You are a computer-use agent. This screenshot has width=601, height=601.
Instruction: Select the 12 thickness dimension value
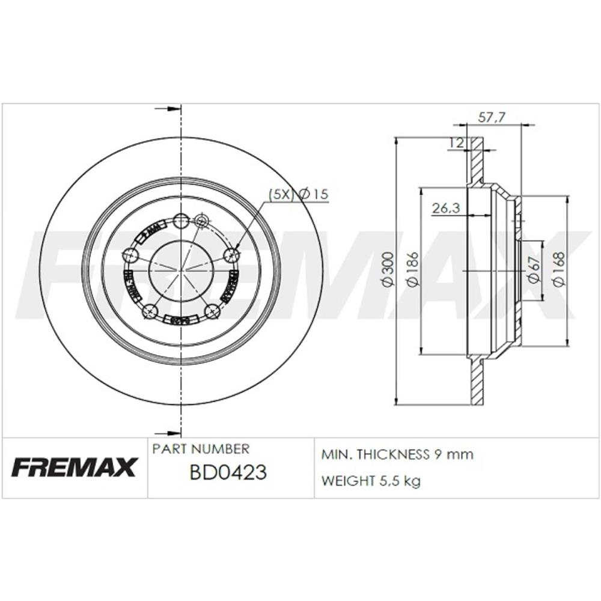tap(456, 143)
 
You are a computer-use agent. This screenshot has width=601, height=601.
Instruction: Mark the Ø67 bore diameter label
tap(532, 269)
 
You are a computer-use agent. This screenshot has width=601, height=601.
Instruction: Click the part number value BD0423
tap(228, 473)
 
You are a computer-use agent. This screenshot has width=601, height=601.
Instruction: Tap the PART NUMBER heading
tap(201, 449)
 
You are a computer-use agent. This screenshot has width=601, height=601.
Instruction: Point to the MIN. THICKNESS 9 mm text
tap(397, 454)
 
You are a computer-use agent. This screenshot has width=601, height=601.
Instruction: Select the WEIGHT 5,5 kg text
tap(371, 481)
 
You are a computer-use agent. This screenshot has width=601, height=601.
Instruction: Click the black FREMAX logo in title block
tap(75, 467)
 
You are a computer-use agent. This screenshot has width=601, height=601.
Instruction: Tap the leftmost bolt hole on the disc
tap(130, 255)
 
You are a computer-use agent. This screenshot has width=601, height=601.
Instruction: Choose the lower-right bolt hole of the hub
tap(212, 311)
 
